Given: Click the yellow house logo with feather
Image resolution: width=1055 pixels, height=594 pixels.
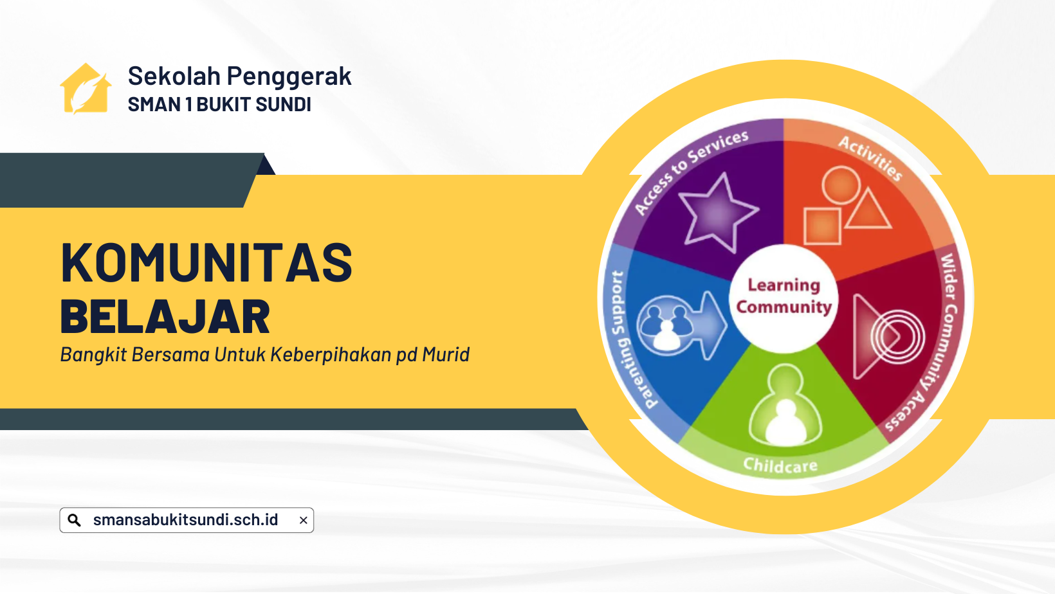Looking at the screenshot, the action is click(x=86, y=89).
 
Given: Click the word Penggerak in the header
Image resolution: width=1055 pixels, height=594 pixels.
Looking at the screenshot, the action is click(x=289, y=76).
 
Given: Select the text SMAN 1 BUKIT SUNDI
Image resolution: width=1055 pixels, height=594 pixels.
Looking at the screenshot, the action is click(x=219, y=105).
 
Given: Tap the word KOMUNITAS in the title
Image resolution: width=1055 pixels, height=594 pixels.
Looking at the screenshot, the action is click(x=206, y=262).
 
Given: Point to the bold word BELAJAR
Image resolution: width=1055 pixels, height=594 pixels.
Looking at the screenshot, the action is click(x=165, y=316).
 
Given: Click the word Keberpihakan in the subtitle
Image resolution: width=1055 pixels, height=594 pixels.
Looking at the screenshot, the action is click(x=331, y=354).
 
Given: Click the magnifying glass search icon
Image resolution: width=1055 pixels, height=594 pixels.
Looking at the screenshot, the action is click(x=74, y=520).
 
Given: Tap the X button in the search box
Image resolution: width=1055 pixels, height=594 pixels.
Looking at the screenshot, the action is click(x=304, y=520).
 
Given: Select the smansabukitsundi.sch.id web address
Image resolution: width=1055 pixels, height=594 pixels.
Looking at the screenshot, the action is click(x=185, y=519).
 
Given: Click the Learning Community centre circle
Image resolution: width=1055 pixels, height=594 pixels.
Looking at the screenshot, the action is click(x=784, y=298).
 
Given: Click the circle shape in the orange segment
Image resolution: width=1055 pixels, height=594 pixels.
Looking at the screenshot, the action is click(x=841, y=185).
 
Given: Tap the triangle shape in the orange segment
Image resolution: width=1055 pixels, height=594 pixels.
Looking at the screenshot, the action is click(x=868, y=210).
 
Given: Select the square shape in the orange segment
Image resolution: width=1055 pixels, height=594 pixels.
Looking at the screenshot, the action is click(x=822, y=226).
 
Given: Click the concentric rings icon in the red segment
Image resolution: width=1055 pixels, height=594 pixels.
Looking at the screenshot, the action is click(x=897, y=337).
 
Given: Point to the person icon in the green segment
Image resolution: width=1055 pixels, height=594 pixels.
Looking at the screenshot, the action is click(x=785, y=406).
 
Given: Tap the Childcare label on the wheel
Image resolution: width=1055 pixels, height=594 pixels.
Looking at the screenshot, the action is click(x=780, y=465).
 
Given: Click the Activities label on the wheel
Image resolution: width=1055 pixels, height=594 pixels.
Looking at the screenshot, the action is click(x=870, y=157).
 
